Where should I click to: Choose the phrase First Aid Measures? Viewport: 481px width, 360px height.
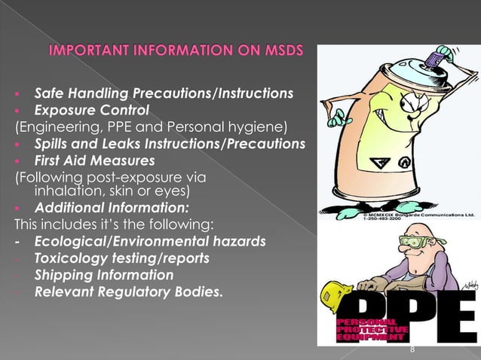[x=94, y=160]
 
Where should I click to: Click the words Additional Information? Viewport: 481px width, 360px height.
[x=112, y=208]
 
